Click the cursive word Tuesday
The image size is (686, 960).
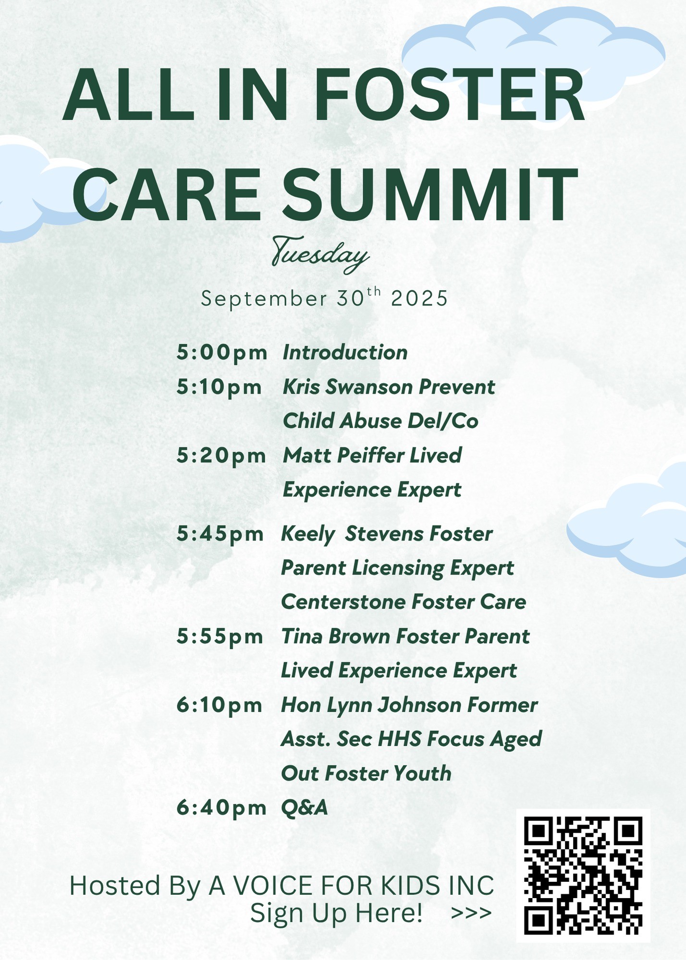click(320, 254)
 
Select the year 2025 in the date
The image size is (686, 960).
click(419, 299)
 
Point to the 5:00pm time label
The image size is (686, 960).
click(221, 353)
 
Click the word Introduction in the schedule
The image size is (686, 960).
click(345, 352)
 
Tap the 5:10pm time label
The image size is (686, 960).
click(219, 387)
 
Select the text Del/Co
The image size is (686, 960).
click(443, 421)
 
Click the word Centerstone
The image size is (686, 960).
click(343, 602)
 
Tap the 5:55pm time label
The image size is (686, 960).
click(220, 637)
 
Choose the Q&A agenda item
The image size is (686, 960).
click(305, 808)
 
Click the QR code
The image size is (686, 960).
click(583, 876)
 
